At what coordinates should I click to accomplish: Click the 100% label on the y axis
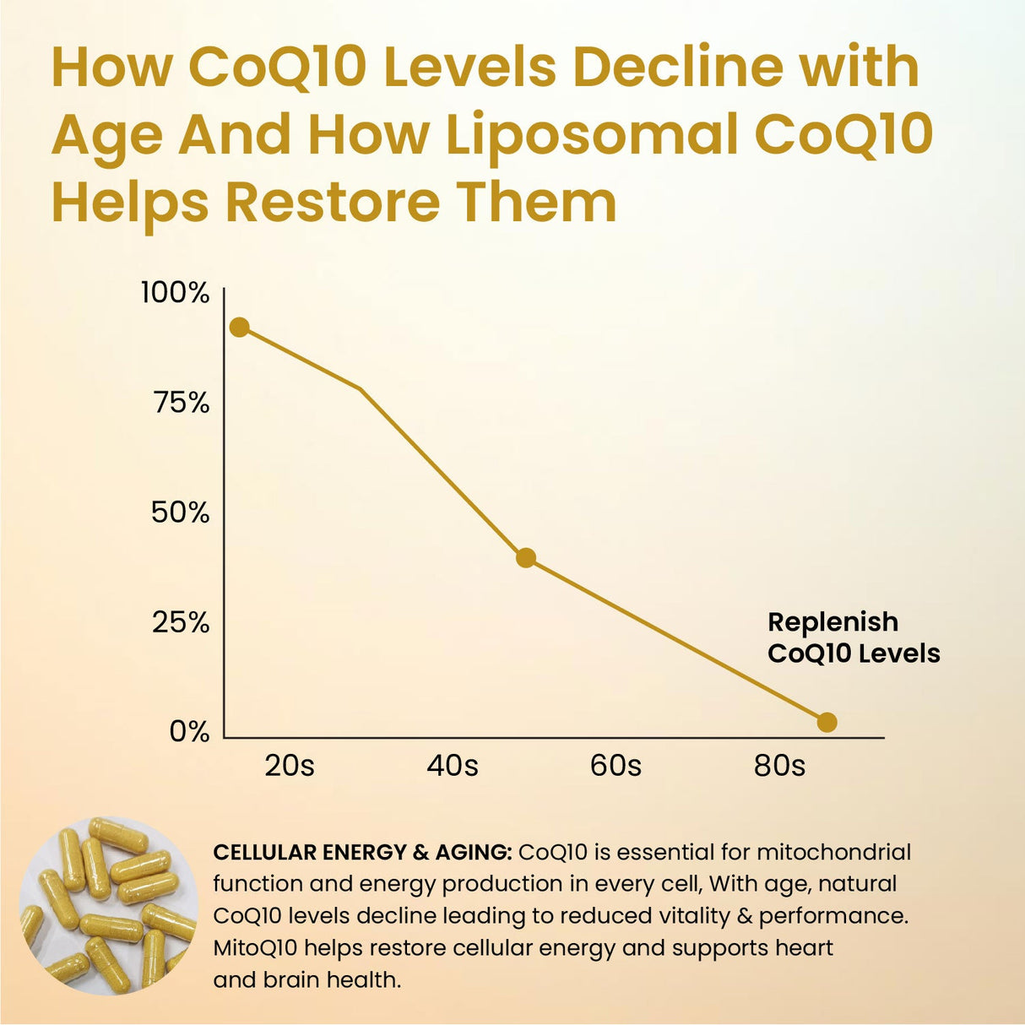(x=175, y=294)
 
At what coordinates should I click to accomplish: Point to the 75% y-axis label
(x=181, y=404)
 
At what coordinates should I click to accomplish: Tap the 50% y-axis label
(x=180, y=512)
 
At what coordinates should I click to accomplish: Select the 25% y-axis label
(x=181, y=623)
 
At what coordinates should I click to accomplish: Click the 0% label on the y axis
(x=189, y=731)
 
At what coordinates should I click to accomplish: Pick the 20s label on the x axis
(x=290, y=766)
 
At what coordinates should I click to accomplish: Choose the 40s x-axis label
(x=453, y=766)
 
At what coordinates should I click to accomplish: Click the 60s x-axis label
(x=616, y=766)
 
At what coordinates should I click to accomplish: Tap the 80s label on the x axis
(x=779, y=766)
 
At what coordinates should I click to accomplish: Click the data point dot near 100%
(x=240, y=327)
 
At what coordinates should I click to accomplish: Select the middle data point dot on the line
(x=526, y=557)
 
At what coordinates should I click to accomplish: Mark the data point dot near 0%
(x=827, y=722)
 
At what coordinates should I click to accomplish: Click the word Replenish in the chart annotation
(x=832, y=622)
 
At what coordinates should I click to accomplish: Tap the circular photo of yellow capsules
(x=108, y=905)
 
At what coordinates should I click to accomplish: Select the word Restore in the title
(x=332, y=203)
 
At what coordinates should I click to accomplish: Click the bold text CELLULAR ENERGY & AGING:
(x=362, y=853)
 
